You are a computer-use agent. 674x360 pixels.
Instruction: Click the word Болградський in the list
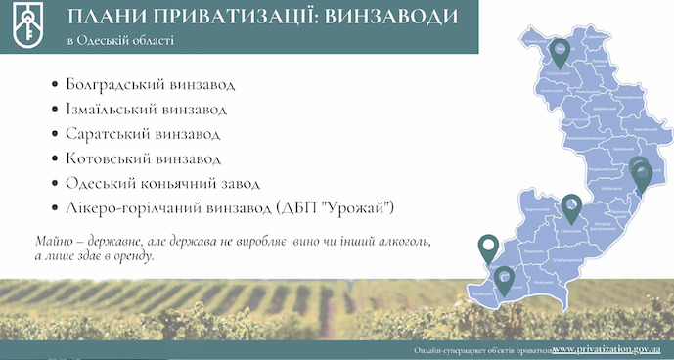(x=113, y=84)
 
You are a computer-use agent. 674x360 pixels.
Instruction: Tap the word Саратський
(x=108, y=133)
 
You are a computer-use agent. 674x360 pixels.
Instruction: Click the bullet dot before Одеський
(x=53, y=183)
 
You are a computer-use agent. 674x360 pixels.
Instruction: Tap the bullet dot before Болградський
(x=53, y=84)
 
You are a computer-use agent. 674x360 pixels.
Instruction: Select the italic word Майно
(x=56, y=240)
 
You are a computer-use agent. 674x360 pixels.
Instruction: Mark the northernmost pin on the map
(x=560, y=49)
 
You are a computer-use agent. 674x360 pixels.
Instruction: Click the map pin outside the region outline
(x=486, y=247)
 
